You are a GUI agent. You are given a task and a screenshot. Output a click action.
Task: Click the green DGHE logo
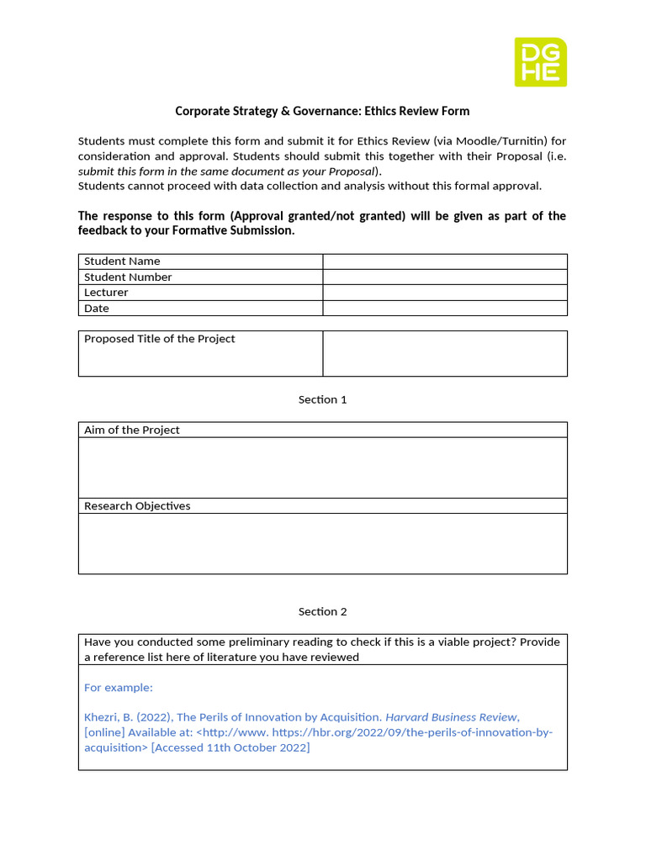pyautogui.click(x=540, y=61)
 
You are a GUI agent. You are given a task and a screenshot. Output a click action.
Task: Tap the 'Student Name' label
pyautogui.click(x=122, y=261)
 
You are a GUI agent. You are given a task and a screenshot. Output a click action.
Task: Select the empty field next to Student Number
pyautogui.click(x=444, y=277)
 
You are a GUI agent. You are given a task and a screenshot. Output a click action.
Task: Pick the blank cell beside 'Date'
pyautogui.click(x=444, y=309)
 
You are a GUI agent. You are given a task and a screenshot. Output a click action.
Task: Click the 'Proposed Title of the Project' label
pyautogui.click(x=160, y=339)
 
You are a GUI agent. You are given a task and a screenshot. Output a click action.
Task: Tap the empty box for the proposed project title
pyautogui.click(x=444, y=353)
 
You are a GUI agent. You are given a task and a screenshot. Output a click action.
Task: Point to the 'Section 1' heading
pyautogui.click(x=322, y=399)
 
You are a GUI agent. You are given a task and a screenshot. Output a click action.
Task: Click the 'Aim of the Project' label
pyautogui.click(x=132, y=430)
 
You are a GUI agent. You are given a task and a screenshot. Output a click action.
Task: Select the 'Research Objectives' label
pyautogui.click(x=137, y=506)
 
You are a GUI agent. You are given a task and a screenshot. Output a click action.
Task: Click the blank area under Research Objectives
pyautogui.click(x=322, y=544)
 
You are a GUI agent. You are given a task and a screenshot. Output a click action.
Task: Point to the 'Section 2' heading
pyautogui.click(x=322, y=611)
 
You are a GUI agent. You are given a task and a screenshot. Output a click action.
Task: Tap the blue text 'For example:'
pyautogui.click(x=119, y=688)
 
